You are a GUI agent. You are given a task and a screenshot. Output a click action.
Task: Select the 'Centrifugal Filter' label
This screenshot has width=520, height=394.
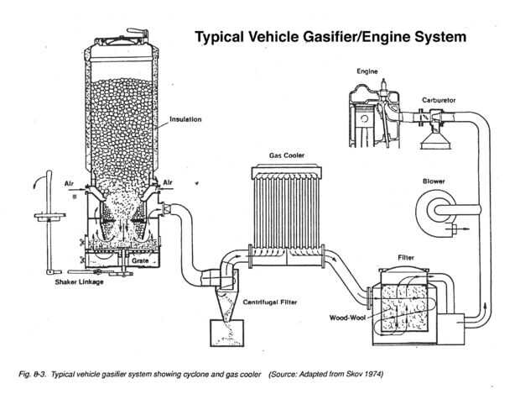coord(271,301)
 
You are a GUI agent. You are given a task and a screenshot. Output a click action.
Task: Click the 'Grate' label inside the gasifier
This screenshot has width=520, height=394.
coord(139,261)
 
